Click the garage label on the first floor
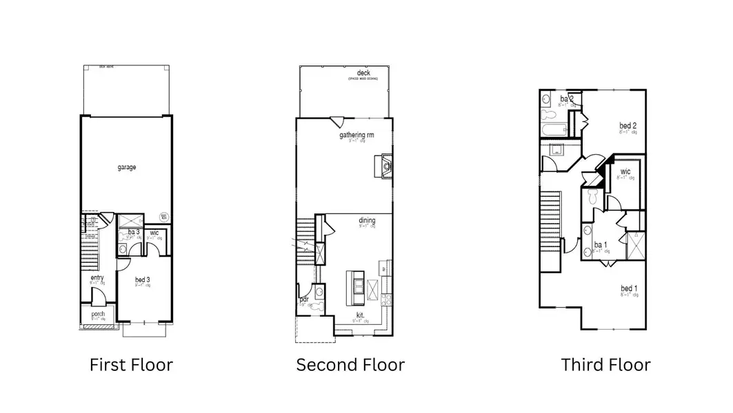(x=126, y=167)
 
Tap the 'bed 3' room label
(x=143, y=279)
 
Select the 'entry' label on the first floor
(x=97, y=277)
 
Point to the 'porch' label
(x=98, y=315)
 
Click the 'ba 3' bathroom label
(x=134, y=233)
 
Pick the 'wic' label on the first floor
(x=154, y=233)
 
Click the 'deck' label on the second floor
(x=363, y=73)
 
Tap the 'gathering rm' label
(x=357, y=136)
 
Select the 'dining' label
(x=367, y=221)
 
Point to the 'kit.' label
(x=359, y=316)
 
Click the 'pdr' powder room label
(x=303, y=299)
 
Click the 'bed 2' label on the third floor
(x=627, y=126)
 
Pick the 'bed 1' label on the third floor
(x=629, y=288)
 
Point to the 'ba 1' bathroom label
(x=600, y=246)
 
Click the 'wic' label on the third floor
(x=625, y=172)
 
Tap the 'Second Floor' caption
(x=350, y=365)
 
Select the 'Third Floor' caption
(x=605, y=365)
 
